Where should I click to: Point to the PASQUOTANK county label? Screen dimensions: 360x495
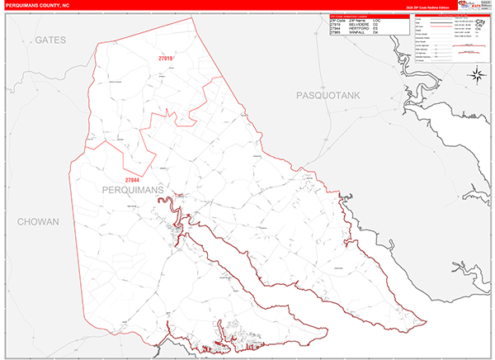pyautogui.click(x=329, y=97)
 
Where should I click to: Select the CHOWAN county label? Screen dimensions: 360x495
pyautogui.click(x=38, y=222)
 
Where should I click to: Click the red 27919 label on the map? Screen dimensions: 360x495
pyautogui.click(x=166, y=59)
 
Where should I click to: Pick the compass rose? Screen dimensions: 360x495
pyautogui.click(x=476, y=76)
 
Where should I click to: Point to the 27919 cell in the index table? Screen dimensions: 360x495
pyautogui.click(x=335, y=24)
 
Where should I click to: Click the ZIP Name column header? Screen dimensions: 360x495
pyautogui.click(x=364, y=19)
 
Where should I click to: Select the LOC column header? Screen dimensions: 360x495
pyautogui.click(x=399, y=19)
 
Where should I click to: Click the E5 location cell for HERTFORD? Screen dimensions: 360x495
pyautogui.click(x=398, y=29)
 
